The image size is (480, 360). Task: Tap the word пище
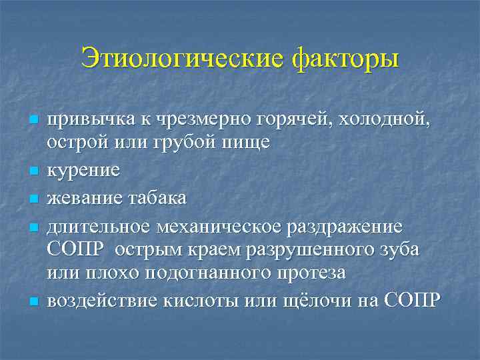[249, 143]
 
